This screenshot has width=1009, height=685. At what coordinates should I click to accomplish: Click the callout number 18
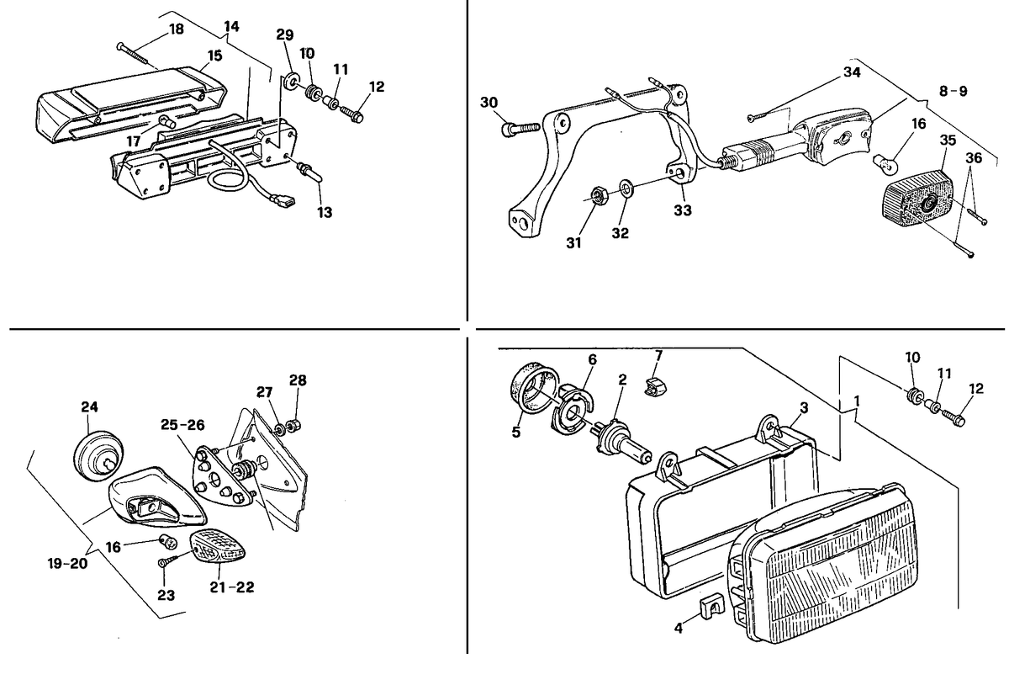coord(177,29)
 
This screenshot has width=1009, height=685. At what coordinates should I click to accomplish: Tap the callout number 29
coord(285,35)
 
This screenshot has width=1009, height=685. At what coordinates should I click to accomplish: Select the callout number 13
coord(325,212)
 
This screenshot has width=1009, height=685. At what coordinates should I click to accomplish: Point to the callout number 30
coord(489,103)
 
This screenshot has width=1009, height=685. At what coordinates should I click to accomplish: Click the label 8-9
coord(954,91)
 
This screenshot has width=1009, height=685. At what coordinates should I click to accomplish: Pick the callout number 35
coord(948,141)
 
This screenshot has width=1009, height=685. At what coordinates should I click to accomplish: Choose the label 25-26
coord(182,425)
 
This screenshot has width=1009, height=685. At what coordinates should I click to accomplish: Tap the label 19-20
coord(67,563)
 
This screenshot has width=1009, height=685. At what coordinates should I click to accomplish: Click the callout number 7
coord(658,356)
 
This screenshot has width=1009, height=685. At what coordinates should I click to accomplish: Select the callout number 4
coord(679,628)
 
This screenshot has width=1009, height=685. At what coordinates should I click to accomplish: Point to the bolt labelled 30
coord(520,129)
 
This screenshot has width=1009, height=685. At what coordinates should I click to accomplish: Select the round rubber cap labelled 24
coord(99,455)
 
